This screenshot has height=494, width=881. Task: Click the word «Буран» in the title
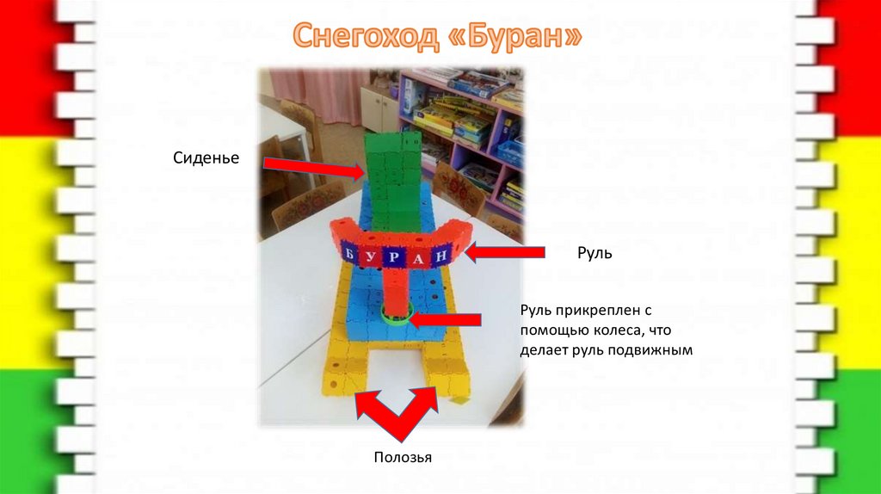pyautogui.click(x=515, y=36)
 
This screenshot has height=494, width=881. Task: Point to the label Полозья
pyautogui.click(x=402, y=457)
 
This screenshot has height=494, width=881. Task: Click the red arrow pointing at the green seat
pyautogui.click(x=313, y=167)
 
